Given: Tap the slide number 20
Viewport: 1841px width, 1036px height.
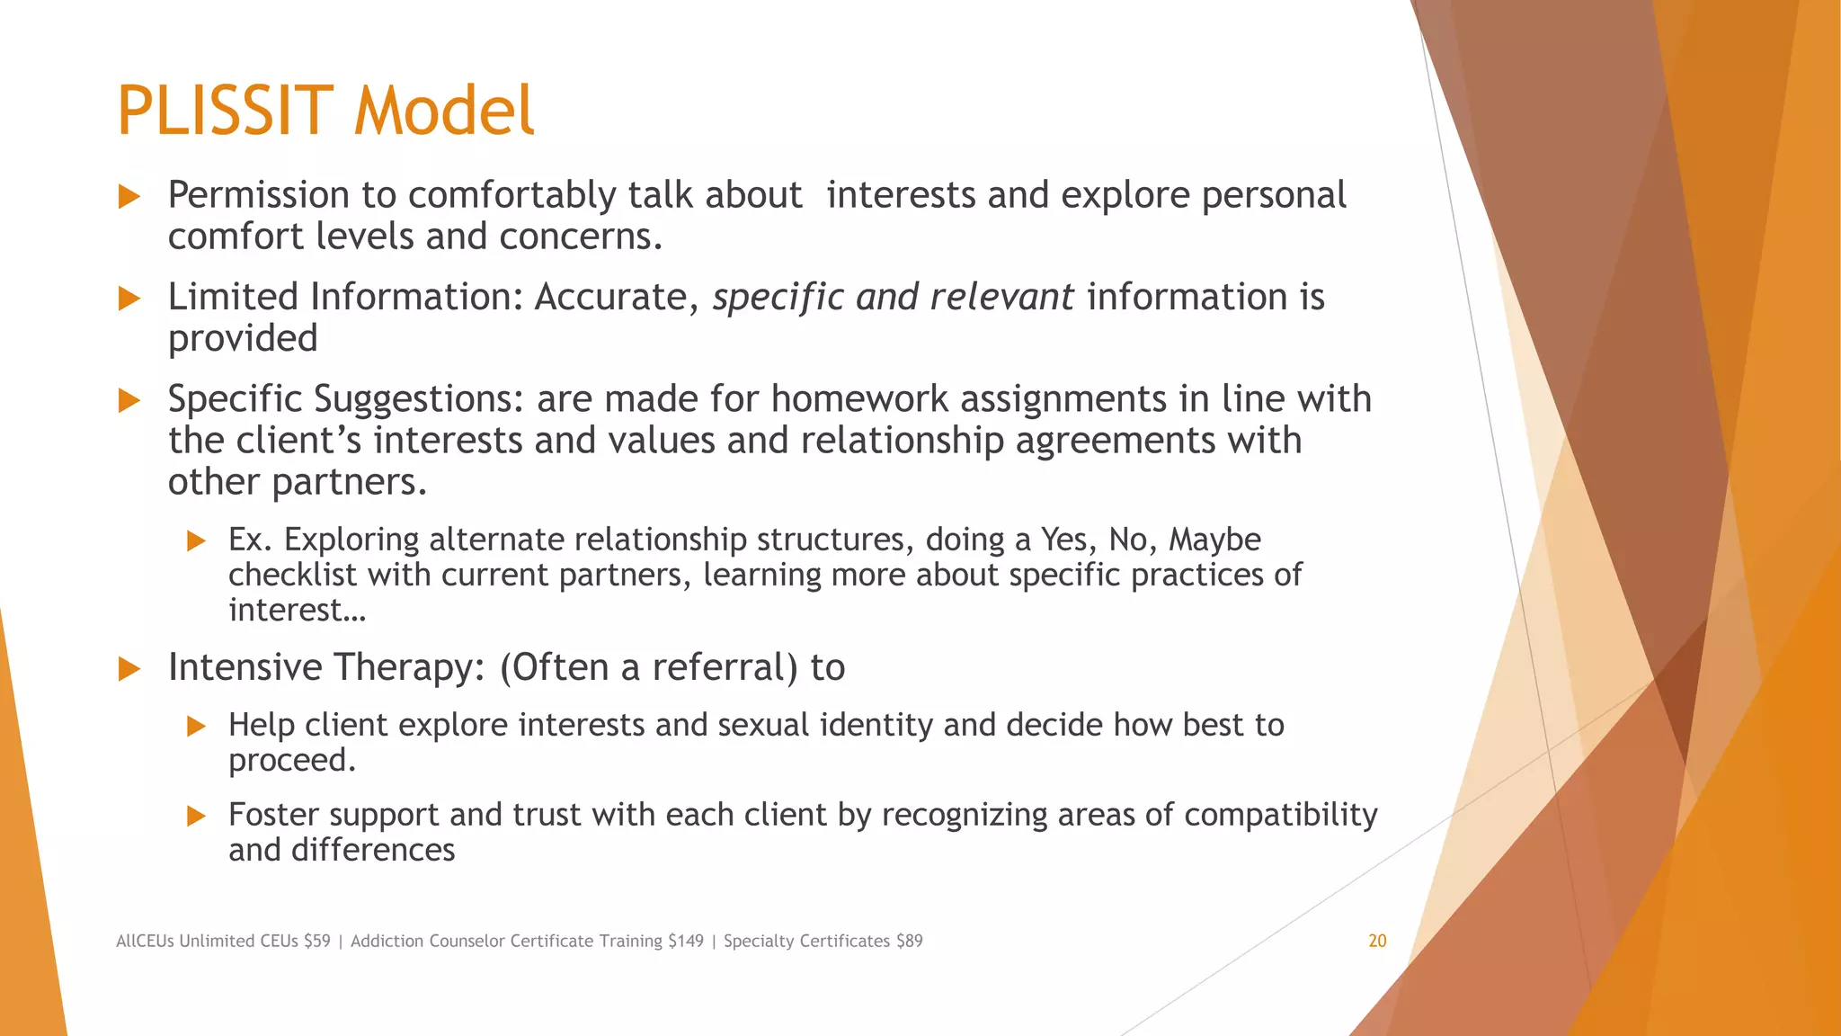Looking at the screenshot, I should (1377, 941).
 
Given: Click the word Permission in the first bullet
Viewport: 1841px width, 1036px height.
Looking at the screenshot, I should (258, 196).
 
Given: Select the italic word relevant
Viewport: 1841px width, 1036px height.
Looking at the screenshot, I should (1001, 297).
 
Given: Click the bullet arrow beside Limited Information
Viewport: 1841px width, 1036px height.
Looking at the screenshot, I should (129, 299).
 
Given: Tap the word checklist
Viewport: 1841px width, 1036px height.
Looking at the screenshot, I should (292, 575).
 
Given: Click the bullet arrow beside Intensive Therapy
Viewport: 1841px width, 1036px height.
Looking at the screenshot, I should (129, 668).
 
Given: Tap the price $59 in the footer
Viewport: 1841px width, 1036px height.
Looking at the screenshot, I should (317, 941).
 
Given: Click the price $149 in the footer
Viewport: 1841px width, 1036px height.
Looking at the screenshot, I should (685, 941).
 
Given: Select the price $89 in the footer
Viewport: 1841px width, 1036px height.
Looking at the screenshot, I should (909, 941).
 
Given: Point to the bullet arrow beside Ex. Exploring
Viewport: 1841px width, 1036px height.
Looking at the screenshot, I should (196, 540).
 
